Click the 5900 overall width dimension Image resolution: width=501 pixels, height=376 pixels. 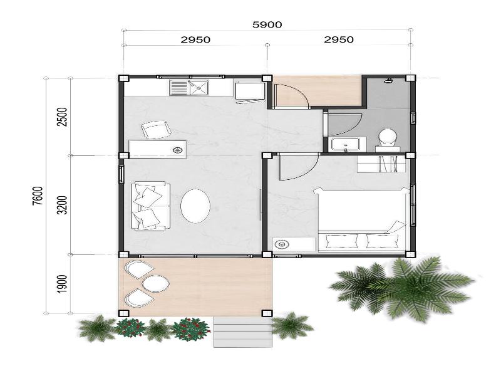(267, 24)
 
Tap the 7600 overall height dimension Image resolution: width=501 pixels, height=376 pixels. (38, 196)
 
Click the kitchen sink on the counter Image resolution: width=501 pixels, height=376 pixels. (189, 88)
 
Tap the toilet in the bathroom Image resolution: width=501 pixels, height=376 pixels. (388, 140)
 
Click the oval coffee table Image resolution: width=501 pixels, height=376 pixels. (195, 206)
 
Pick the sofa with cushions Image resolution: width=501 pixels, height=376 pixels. (150, 206)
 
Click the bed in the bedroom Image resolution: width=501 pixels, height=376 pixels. (363, 219)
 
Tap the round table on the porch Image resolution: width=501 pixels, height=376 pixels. (155, 283)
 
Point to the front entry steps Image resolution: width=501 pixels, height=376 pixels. (243, 332)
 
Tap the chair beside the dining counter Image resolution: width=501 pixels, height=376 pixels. (156, 130)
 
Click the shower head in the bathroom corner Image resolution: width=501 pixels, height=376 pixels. (388, 81)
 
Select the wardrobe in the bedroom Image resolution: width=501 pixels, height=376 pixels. (381, 164)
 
